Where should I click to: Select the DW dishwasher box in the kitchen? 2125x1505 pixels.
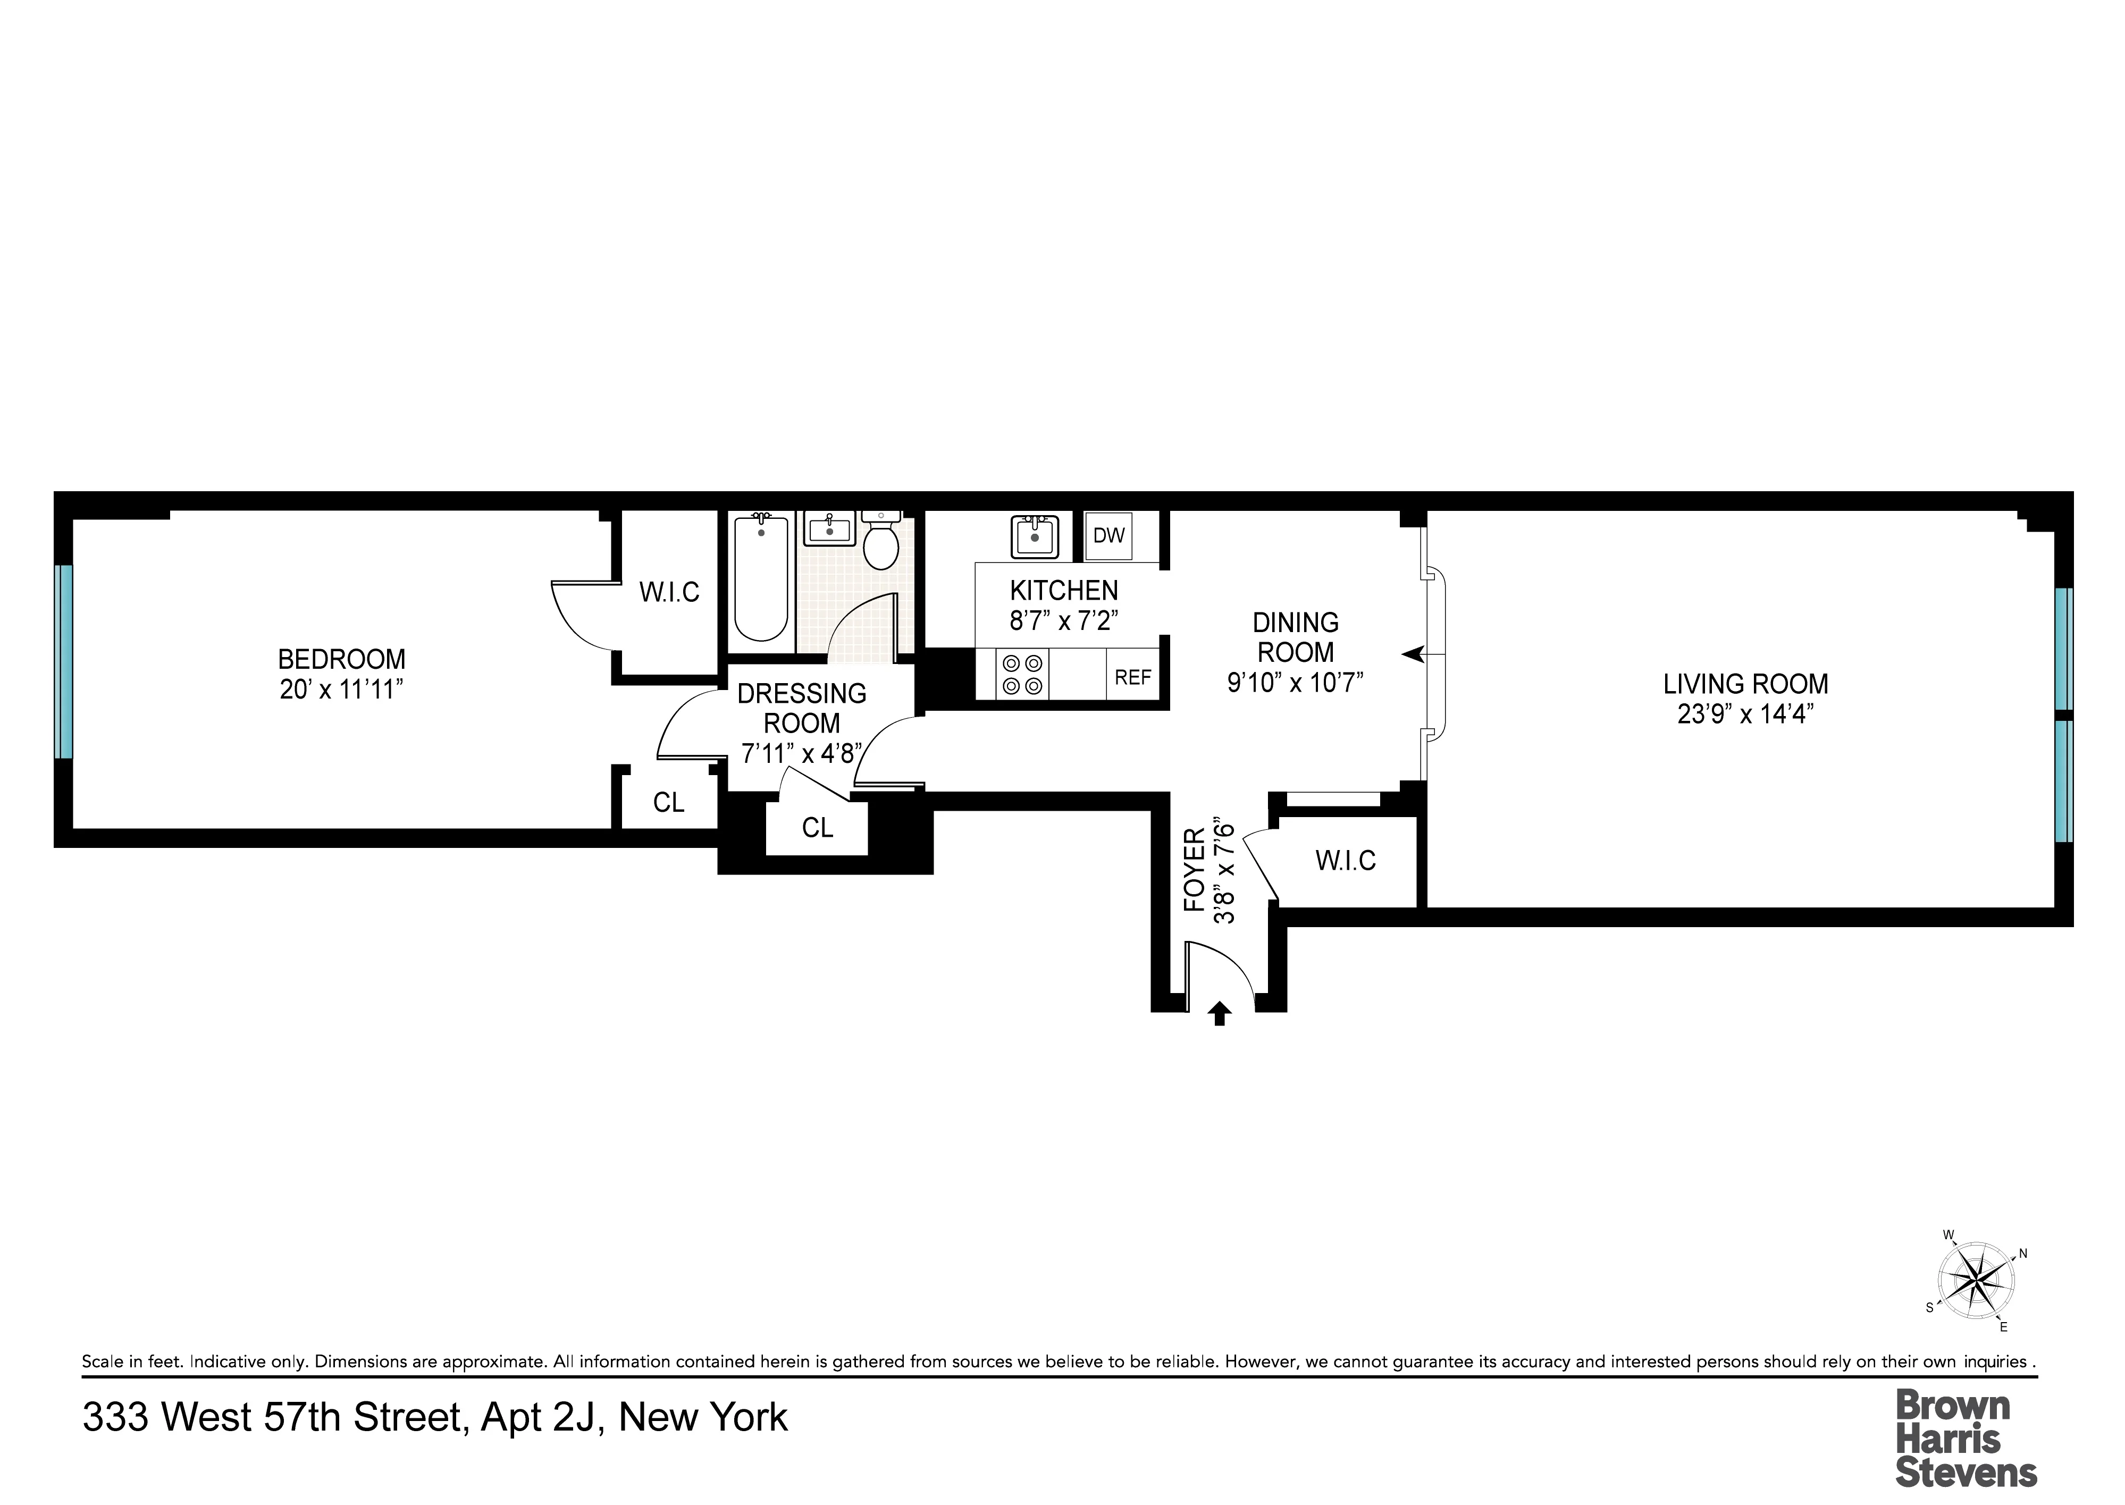[1108, 536]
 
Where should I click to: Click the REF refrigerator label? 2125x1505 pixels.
[1132, 677]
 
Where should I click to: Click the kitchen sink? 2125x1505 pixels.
[1034, 536]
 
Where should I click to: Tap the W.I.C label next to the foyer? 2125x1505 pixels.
[1345, 861]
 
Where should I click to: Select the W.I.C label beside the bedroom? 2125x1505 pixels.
[669, 592]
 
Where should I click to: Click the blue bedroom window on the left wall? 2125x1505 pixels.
[63, 662]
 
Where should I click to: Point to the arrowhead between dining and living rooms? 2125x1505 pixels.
[1413, 655]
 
